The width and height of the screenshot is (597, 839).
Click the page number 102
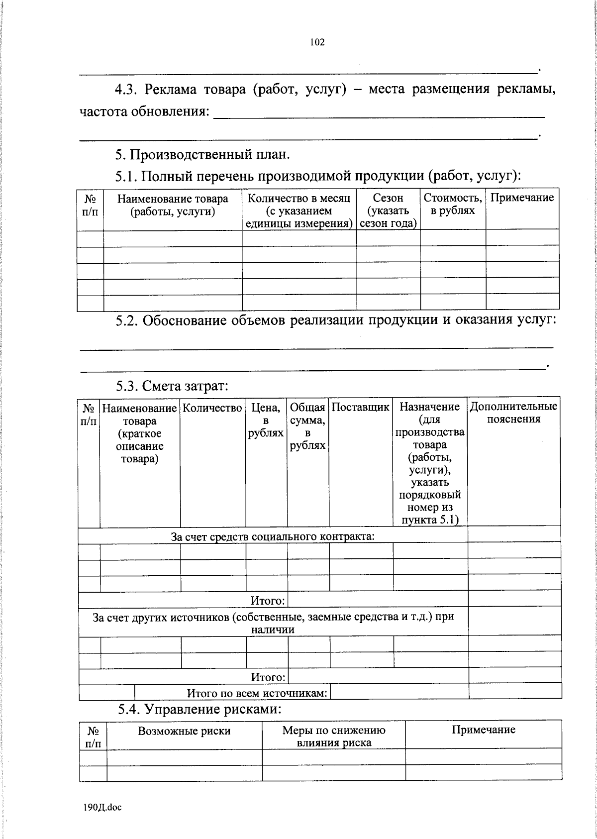[x=317, y=43]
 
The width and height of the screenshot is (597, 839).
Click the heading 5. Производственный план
[x=202, y=155]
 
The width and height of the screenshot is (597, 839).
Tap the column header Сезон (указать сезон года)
[x=388, y=210]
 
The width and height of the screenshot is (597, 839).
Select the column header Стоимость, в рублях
[x=453, y=204]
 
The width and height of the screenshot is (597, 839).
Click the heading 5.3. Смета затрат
[x=172, y=386]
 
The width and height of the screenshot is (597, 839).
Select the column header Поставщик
[x=360, y=407]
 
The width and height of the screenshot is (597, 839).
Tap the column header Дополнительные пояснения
[x=513, y=413]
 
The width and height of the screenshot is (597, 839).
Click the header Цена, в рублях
[x=266, y=420]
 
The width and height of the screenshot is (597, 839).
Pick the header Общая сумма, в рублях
[x=307, y=426]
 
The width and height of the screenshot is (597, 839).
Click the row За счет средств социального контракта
[x=273, y=536]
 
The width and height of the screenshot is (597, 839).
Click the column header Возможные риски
[x=184, y=731]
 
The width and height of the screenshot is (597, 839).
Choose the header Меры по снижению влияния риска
[x=334, y=736]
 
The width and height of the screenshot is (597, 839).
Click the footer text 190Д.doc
[x=103, y=807]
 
